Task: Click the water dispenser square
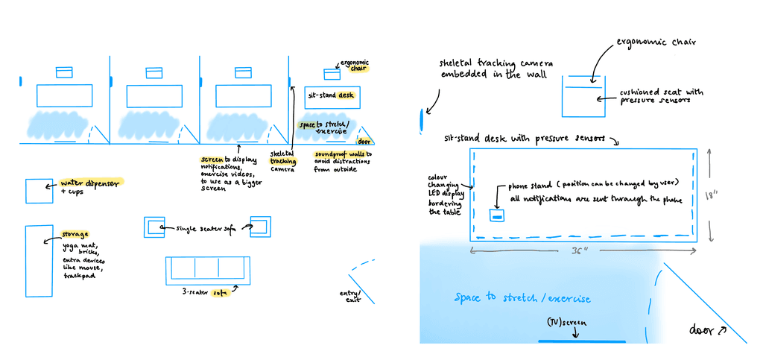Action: pyautogui.click(x=35, y=191)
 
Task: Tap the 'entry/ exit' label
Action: pyautogui.click(x=349, y=297)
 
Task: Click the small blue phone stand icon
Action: pyautogui.click(x=496, y=215)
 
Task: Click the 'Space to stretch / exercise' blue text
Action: pyautogui.click(x=523, y=298)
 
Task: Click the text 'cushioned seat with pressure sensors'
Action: pyautogui.click(x=661, y=95)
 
